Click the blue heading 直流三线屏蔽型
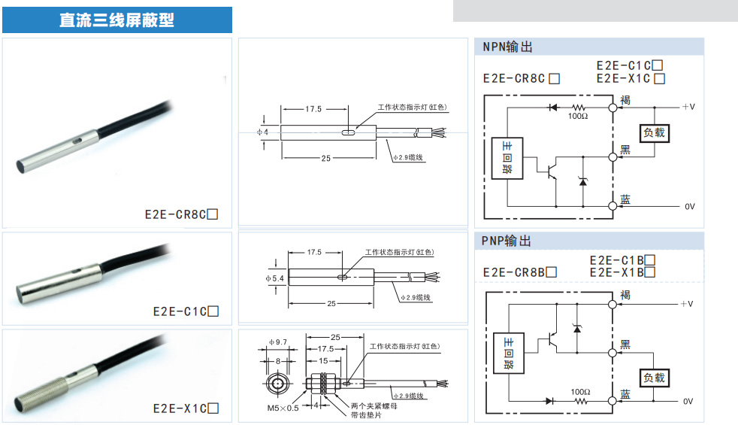[116, 20]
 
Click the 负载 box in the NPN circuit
[654, 132]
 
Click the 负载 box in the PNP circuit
[654, 377]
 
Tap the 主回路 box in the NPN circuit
[507, 158]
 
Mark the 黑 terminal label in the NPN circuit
[625, 149]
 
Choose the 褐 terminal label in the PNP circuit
[625, 294]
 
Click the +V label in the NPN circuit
[688, 108]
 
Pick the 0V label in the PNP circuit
[688, 402]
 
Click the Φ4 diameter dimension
[262, 133]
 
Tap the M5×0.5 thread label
[283, 408]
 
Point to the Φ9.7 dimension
[278, 343]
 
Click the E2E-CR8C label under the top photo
[176, 214]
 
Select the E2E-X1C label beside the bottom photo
[180, 408]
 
